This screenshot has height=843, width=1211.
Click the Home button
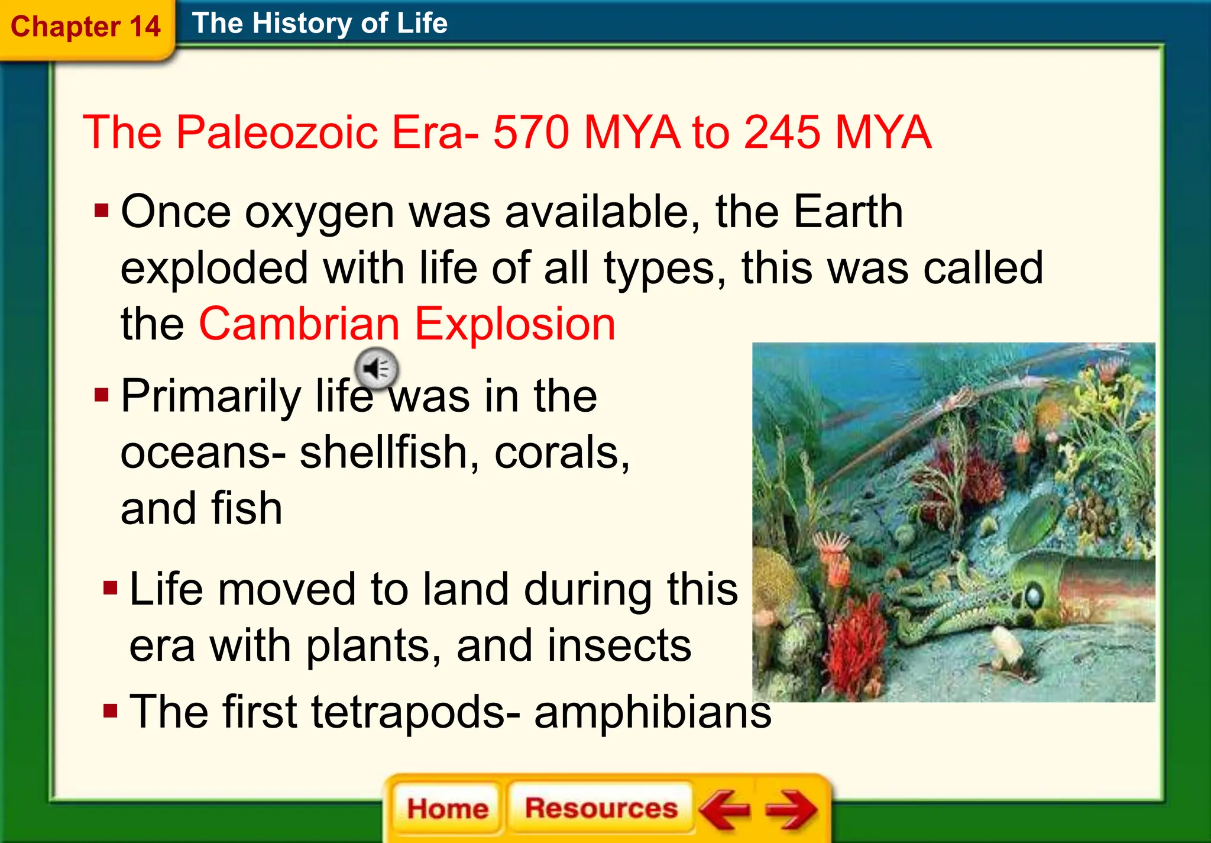pos(447,808)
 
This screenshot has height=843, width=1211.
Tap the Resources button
pos(601,808)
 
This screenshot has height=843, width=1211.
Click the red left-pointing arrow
pos(726,809)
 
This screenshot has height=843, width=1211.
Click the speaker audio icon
pos(377,369)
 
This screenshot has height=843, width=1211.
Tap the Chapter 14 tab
pos(86,27)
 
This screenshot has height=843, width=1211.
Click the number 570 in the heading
pos(532,132)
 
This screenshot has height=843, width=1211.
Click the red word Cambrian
pos(299,324)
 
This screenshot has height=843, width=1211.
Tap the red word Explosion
pos(514,324)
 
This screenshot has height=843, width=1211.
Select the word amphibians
pos(652,712)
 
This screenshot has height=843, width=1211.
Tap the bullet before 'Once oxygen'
pos(102,211)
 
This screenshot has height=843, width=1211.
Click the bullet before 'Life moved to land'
pos(110,588)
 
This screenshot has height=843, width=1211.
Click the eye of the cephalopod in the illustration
pos(1034,595)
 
